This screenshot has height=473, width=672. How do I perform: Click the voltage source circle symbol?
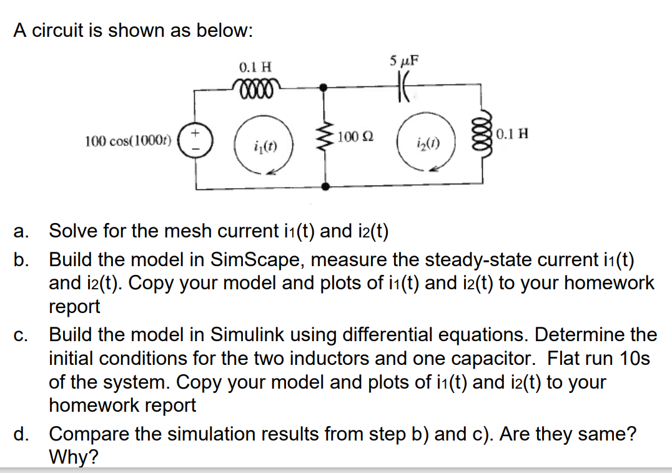click(x=196, y=138)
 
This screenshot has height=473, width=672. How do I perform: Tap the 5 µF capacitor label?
click(x=404, y=61)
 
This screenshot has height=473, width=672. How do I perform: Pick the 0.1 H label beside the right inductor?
click(x=513, y=133)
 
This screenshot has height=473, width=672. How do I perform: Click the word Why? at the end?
click(x=73, y=457)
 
